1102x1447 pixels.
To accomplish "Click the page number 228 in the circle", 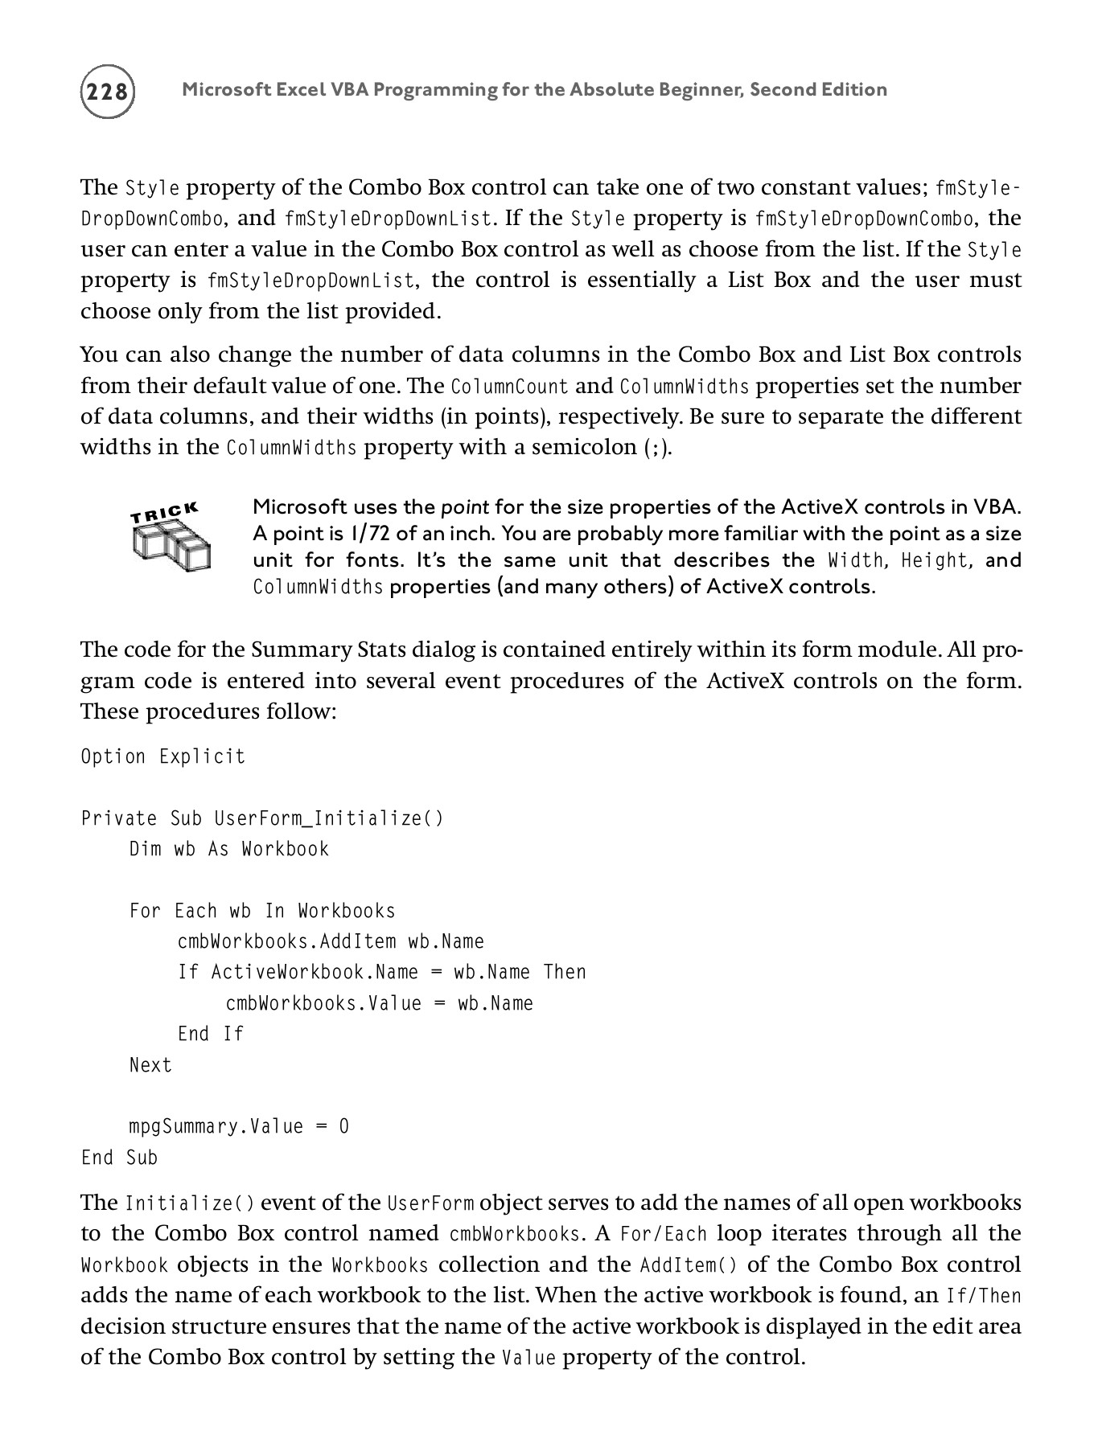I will [x=107, y=91].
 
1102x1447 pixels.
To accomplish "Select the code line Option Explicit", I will [x=163, y=756].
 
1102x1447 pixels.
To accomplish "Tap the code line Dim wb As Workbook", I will [x=229, y=849].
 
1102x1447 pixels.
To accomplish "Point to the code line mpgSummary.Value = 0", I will [x=239, y=1126].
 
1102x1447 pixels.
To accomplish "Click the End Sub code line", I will [x=119, y=1158].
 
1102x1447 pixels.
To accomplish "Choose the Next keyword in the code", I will [x=150, y=1065].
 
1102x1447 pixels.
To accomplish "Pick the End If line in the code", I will [x=210, y=1034].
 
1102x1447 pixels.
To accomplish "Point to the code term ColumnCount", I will [x=509, y=387].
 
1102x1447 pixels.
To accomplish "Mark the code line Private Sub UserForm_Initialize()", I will [x=262, y=818].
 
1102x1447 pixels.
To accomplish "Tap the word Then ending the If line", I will [x=565, y=972].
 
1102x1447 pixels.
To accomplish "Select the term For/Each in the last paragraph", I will [x=664, y=1234].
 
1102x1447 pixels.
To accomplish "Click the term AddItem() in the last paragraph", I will [x=688, y=1265].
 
